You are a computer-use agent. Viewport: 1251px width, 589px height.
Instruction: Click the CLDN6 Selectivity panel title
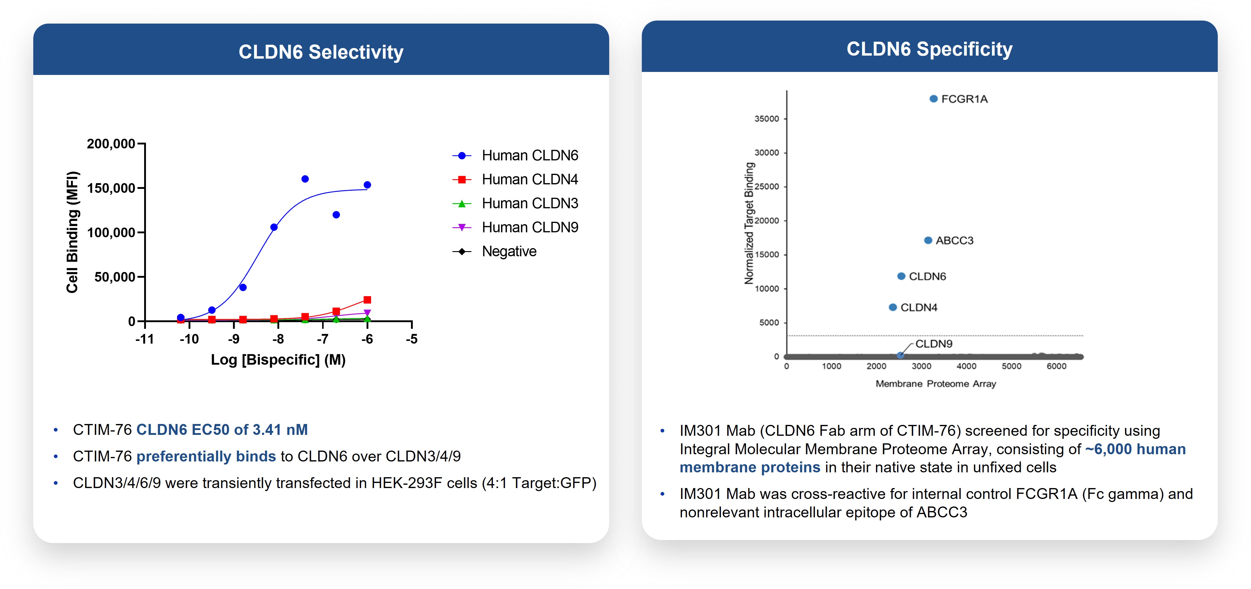321,52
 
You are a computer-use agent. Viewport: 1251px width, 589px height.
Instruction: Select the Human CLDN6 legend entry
529,155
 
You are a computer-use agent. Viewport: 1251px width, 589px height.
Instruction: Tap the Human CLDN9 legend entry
529,227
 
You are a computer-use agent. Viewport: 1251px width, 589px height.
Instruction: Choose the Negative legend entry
509,251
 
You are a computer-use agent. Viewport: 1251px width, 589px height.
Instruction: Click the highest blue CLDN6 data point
305,179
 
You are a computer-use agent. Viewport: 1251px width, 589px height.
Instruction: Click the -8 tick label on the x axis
278,339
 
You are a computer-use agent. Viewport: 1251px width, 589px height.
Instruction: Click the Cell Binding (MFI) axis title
72,232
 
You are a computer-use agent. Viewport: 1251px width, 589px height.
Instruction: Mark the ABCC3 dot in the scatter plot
928,240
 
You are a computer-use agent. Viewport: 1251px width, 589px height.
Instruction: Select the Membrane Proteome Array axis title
935,383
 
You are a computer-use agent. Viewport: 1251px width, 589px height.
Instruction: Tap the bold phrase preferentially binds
206,456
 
